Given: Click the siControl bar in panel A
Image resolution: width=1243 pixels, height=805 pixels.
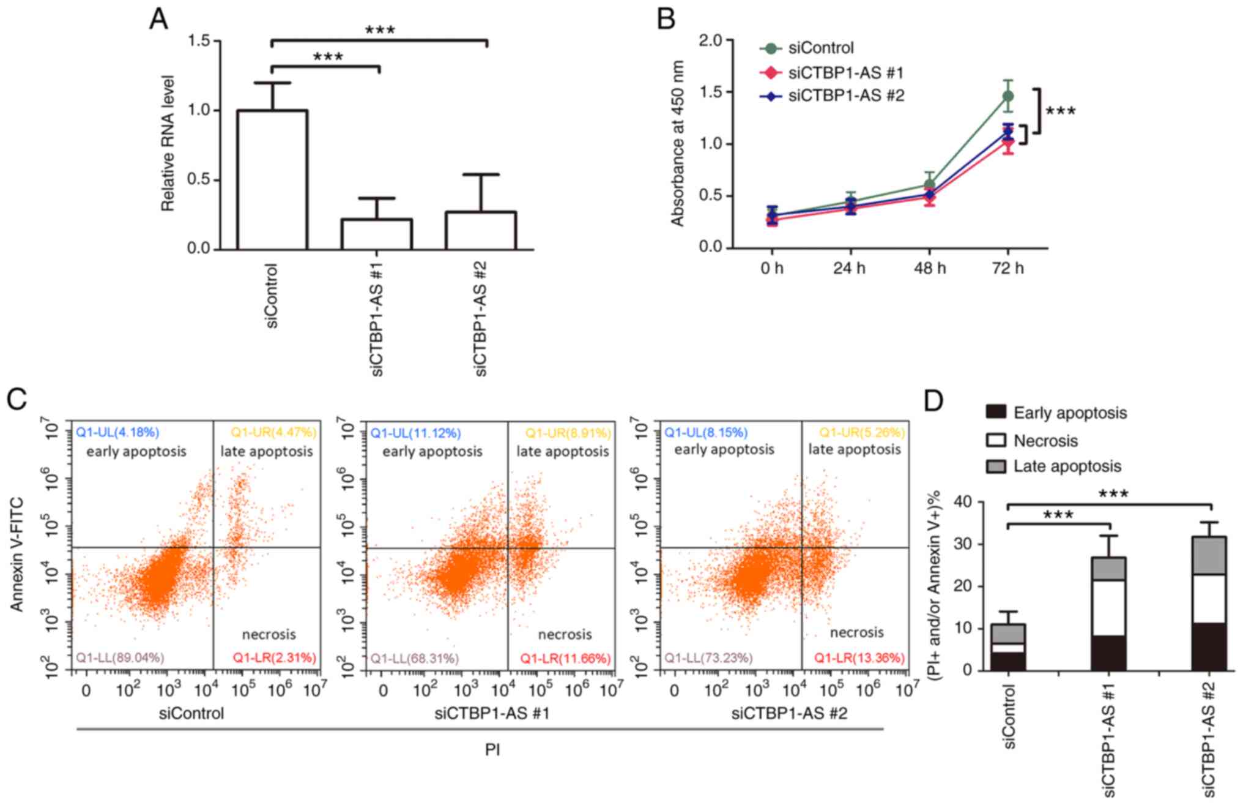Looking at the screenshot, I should coord(272,180).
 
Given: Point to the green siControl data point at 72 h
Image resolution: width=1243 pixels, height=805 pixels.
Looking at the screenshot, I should coord(1007,96).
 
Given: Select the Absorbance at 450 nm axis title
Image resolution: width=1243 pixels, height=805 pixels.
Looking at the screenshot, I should coord(677,143).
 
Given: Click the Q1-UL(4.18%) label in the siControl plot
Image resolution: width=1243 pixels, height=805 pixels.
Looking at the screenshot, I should coord(117,433).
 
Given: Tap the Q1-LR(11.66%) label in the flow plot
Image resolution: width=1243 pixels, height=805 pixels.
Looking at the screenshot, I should coord(565,659).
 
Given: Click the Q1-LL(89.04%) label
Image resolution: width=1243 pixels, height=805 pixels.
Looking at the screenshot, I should coord(120,658).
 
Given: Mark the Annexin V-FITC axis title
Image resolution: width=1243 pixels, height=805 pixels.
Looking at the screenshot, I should coord(17,554).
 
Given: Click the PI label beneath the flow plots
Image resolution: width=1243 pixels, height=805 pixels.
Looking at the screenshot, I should coord(492,750).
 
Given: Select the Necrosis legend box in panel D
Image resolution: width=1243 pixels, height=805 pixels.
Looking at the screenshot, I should coord(996,440).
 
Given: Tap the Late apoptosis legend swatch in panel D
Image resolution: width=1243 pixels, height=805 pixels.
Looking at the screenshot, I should coord(996,466).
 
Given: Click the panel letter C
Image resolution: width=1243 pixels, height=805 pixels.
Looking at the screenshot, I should coord(17,400).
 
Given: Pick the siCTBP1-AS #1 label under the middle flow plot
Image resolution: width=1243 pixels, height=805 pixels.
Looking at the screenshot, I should coord(492,714).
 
